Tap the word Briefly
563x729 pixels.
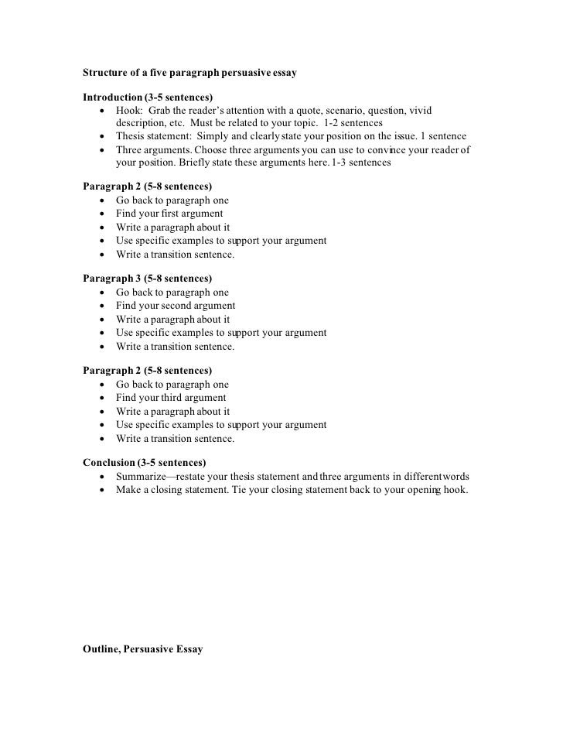197,163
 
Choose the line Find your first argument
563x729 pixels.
169,214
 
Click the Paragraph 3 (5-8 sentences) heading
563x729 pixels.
147,279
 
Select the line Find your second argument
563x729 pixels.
176,306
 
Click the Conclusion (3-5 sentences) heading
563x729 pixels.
143,463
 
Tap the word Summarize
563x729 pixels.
141,476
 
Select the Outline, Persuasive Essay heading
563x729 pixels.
142,649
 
